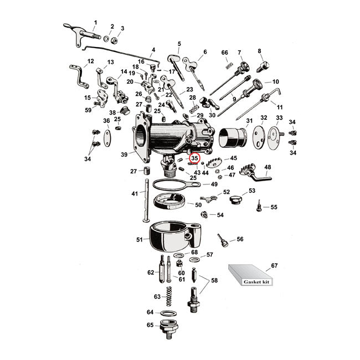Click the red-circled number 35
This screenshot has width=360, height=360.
194,158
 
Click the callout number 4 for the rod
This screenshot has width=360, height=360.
153,50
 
